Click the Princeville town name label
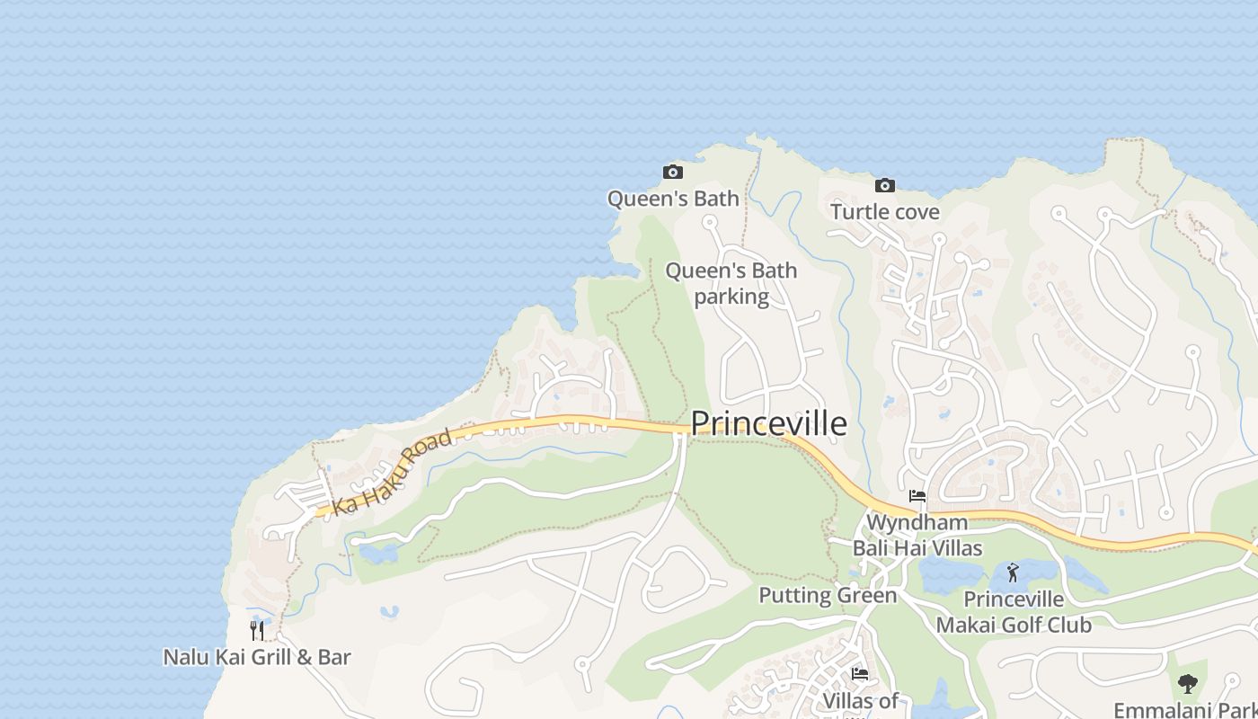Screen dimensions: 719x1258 (x=768, y=423)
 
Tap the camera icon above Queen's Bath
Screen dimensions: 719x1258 (x=672, y=172)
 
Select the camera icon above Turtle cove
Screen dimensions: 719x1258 (x=885, y=185)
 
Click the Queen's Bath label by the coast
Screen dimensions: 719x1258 (x=673, y=199)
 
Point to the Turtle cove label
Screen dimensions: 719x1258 (x=885, y=212)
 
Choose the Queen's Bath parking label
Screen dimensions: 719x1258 (x=731, y=283)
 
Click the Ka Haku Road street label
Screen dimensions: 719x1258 (x=392, y=473)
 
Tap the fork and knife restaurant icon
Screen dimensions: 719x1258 (x=257, y=630)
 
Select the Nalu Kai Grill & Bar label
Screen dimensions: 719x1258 (x=257, y=657)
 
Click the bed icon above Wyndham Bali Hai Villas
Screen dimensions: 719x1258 (x=917, y=496)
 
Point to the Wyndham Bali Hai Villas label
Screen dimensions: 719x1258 (x=917, y=535)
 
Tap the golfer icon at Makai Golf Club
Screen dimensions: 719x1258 (x=1014, y=572)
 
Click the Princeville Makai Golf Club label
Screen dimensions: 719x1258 (x=1014, y=612)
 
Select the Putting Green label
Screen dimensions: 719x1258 (x=828, y=595)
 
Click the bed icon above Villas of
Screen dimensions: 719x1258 (x=860, y=673)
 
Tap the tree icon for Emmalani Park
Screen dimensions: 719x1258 (x=1188, y=684)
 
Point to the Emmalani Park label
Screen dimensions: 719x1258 (x=1184, y=710)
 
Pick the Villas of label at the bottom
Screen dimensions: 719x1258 (x=860, y=701)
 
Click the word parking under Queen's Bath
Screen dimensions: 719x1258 (x=731, y=297)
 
